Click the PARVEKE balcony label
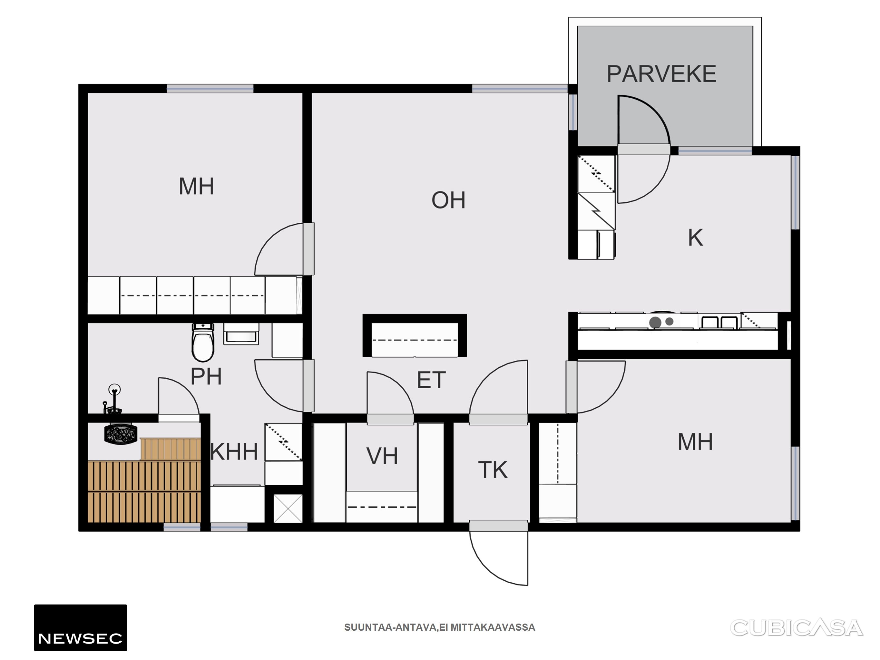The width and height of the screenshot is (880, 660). click(x=661, y=74)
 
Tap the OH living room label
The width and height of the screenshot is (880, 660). click(x=448, y=200)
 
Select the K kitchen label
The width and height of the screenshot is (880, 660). click(x=695, y=238)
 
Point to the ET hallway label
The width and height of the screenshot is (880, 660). click(x=431, y=380)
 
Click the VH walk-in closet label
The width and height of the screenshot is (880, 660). click(x=382, y=456)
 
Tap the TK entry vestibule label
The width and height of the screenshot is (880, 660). click(x=493, y=470)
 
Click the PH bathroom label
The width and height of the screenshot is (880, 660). click(x=206, y=376)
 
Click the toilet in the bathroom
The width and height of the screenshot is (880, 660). click(x=203, y=342)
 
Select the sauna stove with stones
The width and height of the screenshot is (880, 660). click(x=121, y=434)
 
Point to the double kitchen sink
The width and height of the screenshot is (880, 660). click(x=720, y=322)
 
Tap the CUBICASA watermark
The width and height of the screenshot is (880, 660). click(x=797, y=628)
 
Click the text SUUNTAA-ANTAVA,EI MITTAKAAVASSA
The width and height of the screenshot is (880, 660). click(x=440, y=627)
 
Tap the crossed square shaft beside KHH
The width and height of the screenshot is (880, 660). click(x=288, y=509)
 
